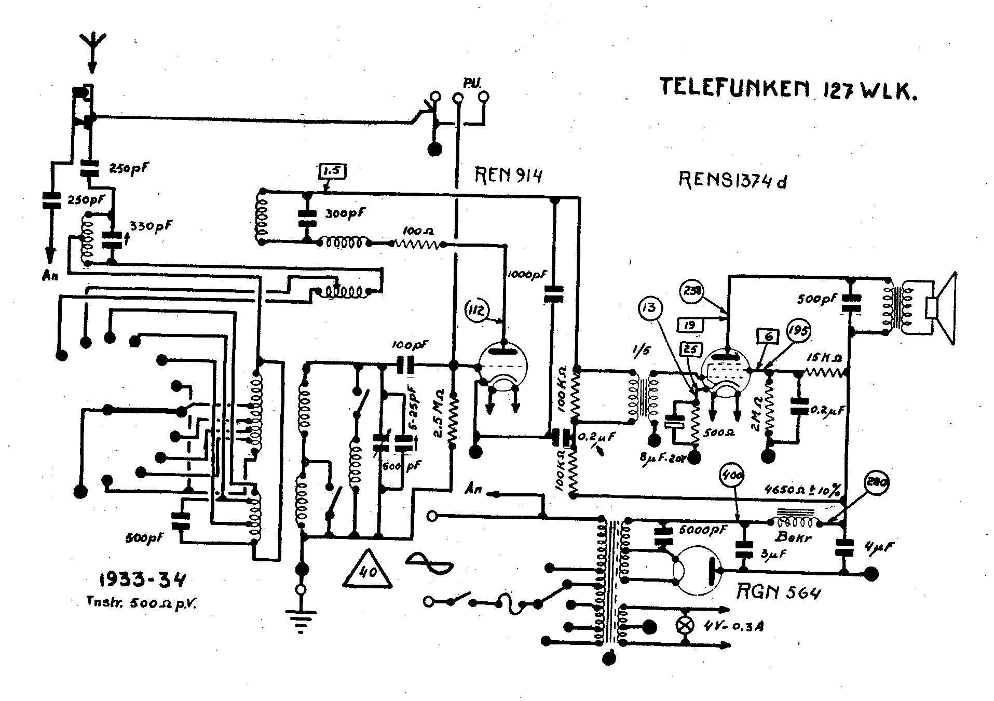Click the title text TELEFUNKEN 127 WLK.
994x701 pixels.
tap(787, 88)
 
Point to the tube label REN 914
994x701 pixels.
tap(508, 176)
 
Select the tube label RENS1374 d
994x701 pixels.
tap(732, 180)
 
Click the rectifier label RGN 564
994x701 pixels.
tap(779, 591)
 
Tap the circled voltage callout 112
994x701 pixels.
tap(478, 311)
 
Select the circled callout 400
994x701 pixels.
tap(732, 475)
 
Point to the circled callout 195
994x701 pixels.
tap(798, 330)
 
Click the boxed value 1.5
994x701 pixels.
tap(332, 172)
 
